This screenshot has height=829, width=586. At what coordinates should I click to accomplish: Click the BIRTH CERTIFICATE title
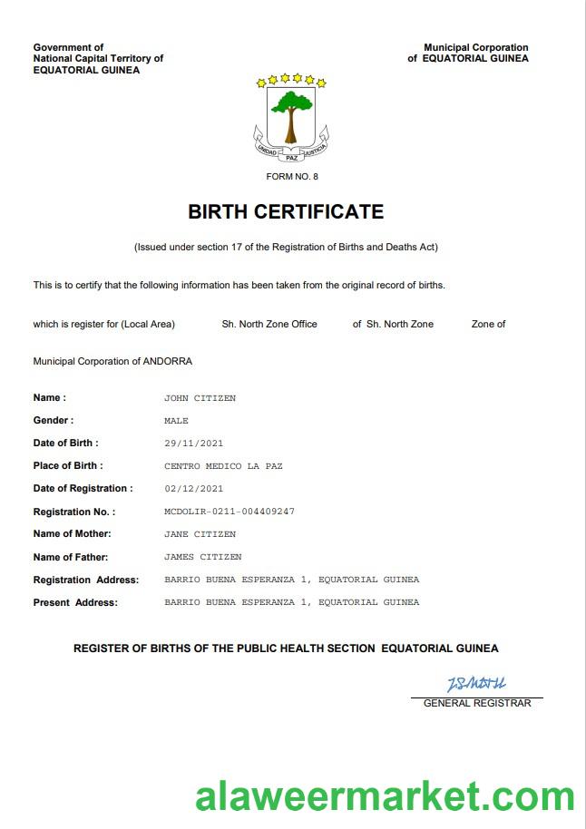point(286,212)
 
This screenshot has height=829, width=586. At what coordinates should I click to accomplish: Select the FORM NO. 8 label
point(292,176)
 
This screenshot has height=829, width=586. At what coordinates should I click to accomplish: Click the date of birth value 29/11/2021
point(193,444)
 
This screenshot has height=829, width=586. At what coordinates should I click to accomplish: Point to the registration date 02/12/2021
point(193,489)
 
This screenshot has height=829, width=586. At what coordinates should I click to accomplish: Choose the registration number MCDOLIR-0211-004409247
point(230,512)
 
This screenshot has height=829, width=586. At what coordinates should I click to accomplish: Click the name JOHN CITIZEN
point(200,398)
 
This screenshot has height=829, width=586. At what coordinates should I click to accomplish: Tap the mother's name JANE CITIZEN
point(200,534)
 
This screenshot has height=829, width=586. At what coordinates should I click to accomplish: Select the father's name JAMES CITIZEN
point(202,557)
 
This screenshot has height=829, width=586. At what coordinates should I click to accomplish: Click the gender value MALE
point(176,421)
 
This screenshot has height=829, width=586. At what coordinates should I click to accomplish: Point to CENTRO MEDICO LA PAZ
point(223,466)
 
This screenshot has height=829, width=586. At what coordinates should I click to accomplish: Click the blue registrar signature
point(475,684)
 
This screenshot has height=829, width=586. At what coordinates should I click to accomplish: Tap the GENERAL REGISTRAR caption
point(477,703)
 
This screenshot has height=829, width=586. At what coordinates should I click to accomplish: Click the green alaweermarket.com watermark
point(385,796)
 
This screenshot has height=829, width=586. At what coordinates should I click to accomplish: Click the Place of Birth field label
point(68,465)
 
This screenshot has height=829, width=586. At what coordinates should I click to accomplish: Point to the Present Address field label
point(75,602)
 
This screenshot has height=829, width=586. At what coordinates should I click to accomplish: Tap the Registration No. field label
point(74,512)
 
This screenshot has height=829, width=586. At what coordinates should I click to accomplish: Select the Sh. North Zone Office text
point(269,324)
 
